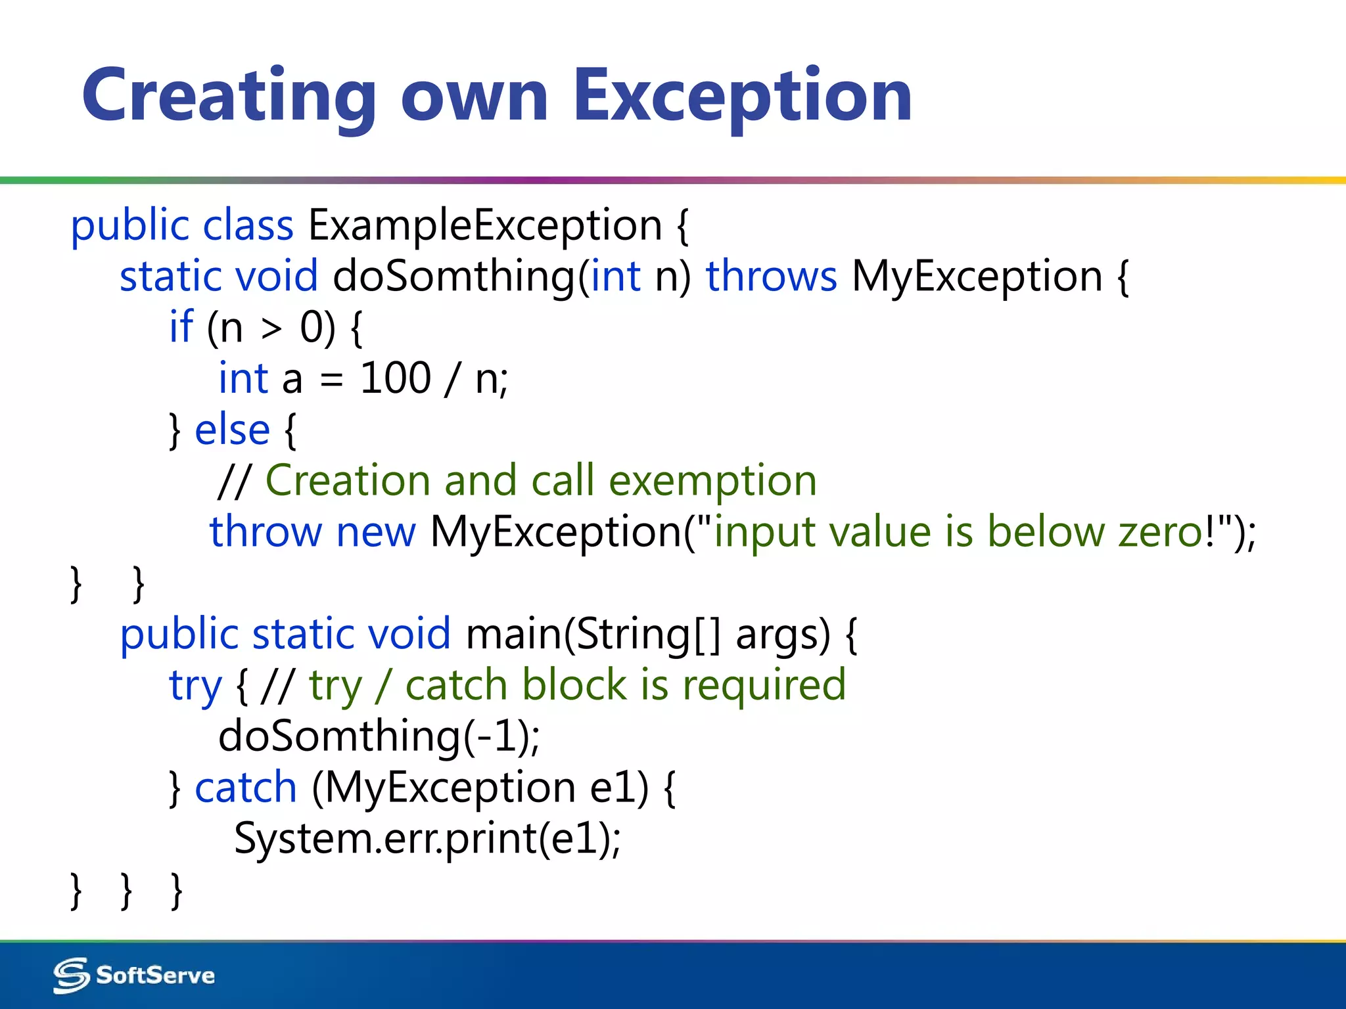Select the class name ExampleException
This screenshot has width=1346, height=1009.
click(x=484, y=225)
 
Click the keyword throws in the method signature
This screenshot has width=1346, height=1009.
click(x=771, y=276)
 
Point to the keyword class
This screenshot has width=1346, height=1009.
click(x=248, y=225)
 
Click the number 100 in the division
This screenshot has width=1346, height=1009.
click(x=395, y=378)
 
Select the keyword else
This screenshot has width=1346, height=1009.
click(x=232, y=430)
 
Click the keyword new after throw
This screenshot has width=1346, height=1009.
click(x=375, y=531)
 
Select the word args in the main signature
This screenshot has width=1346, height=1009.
click(x=782, y=635)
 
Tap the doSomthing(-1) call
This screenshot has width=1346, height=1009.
click(x=379, y=736)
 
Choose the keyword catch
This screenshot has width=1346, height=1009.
click(x=246, y=787)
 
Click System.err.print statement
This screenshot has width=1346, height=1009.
click(x=427, y=839)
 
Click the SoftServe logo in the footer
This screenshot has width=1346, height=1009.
click(x=134, y=975)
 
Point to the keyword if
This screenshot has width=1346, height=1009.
click(x=181, y=326)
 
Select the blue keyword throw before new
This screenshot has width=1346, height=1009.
click(x=265, y=531)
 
